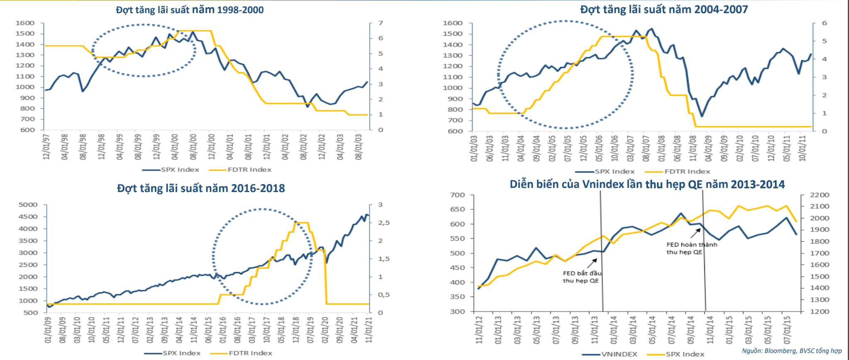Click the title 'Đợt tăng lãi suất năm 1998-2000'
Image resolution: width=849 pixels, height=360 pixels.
[x=189, y=10]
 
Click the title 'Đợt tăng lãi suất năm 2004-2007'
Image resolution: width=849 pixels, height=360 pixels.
[x=664, y=9]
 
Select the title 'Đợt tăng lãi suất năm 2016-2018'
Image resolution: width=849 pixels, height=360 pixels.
[x=201, y=188]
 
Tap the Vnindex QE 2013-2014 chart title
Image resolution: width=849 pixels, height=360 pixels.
[x=647, y=184]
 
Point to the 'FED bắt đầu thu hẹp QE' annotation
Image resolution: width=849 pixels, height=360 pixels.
[x=582, y=277]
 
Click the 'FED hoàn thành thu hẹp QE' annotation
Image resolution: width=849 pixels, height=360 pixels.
[x=691, y=248]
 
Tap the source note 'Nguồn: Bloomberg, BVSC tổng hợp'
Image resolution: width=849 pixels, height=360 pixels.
[x=791, y=350]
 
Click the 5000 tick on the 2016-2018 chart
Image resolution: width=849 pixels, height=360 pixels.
[x=28, y=204]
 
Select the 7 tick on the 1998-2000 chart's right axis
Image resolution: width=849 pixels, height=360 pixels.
[x=381, y=23]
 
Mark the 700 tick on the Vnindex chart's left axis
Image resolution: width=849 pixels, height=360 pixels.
[x=457, y=195]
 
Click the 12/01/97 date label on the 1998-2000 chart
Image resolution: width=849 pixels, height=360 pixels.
[x=46, y=146]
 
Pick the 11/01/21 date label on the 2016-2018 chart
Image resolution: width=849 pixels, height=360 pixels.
[x=369, y=330]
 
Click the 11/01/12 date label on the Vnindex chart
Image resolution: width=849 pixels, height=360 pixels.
[x=479, y=330]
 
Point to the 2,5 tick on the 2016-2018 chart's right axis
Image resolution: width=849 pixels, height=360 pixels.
[x=383, y=223]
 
